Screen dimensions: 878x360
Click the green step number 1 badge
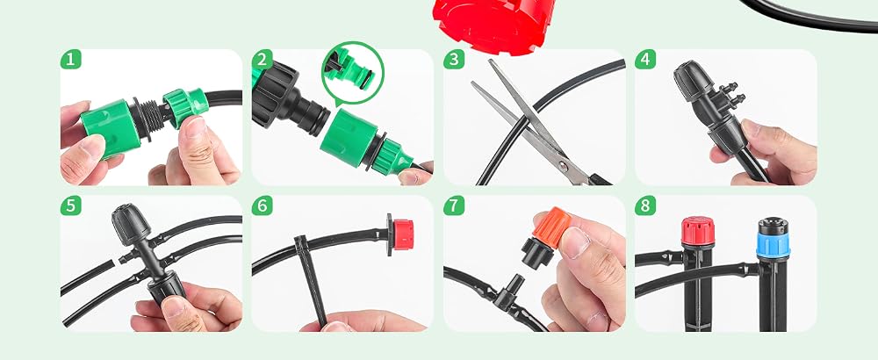pos(70,60)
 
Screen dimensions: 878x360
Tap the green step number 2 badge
pos(262,60)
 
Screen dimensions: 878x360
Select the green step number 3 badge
pos(454,60)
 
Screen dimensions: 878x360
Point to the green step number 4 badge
pos(645,60)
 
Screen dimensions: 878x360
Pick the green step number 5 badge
pos(70,205)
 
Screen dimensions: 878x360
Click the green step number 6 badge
pos(262,205)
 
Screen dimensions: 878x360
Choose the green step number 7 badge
pos(454,205)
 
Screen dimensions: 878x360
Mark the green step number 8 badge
pos(645,205)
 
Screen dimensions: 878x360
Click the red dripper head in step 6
pos(403,234)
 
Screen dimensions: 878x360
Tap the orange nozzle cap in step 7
pos(552,227)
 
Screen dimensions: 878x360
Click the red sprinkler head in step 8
pos(698,230)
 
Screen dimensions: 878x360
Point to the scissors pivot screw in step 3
pos(562,166)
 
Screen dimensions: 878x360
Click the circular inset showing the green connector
pos(353,73)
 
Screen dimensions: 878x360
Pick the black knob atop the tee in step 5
pos(131,223)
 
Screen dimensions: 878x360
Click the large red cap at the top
pos(494,25)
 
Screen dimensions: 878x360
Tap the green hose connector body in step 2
pos(351,138)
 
